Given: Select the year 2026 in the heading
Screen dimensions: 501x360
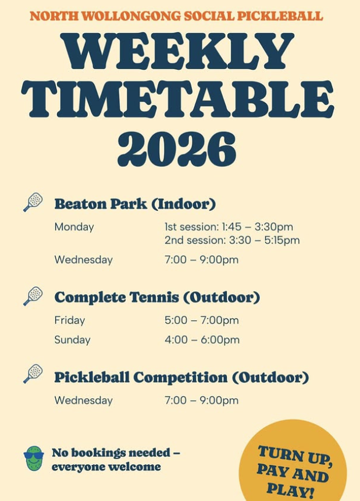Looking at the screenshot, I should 177,149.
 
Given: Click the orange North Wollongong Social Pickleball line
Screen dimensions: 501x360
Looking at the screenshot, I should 176,16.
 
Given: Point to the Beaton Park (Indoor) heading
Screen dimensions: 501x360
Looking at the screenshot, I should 135,204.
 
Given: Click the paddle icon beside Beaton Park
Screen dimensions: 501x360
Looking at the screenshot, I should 33,202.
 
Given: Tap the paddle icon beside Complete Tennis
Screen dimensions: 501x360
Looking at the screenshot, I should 33,296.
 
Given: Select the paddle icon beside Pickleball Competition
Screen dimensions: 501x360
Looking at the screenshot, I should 33,374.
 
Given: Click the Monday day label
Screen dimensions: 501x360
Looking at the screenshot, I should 74,227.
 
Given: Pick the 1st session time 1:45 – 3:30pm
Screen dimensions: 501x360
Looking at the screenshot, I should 229,227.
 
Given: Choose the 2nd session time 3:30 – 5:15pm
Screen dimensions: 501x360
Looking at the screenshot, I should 232,240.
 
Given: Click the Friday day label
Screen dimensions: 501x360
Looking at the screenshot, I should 70,320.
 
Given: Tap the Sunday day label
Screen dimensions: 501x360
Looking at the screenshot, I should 72,340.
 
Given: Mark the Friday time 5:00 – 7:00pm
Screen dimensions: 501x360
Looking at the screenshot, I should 201,320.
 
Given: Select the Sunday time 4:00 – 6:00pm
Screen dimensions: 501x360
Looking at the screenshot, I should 201,340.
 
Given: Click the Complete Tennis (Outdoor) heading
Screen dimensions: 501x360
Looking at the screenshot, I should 157,298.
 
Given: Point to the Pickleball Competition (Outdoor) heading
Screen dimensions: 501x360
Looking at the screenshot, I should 181,377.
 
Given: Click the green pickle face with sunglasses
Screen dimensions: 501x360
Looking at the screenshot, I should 34,459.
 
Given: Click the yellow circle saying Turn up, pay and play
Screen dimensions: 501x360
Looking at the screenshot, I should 294,465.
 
